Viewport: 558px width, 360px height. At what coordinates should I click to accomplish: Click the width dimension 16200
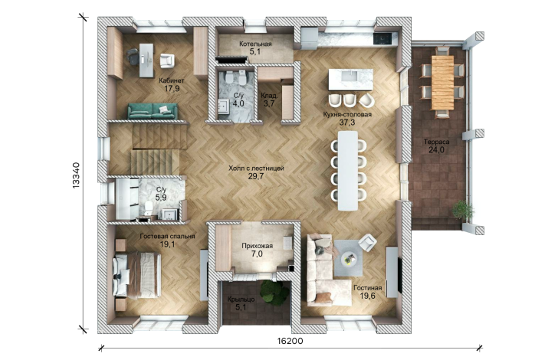tap(290, 341)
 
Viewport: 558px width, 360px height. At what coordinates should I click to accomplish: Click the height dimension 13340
tap(76, 175)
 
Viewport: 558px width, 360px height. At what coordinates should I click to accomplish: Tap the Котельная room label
tap(255, 44)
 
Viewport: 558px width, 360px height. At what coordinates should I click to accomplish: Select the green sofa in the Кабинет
tap(153, 111)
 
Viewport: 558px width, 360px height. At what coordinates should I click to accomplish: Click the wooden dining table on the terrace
tap(443, 83)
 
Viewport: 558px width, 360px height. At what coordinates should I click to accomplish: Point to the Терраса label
tap(436, 142)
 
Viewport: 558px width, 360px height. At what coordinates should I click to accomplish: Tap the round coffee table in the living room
tap(349, 259)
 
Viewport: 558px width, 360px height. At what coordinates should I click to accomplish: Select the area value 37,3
tap(347, 123)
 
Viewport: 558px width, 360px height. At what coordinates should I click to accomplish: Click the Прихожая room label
tap(257, 246)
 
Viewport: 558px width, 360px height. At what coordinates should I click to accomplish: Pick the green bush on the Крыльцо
tap(274, 291)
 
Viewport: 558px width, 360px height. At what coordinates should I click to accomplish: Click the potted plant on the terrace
tap(463, 209)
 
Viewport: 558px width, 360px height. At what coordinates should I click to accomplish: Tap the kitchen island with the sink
tap(350, 80)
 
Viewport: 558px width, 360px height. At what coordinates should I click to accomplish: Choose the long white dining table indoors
tap(348, 171)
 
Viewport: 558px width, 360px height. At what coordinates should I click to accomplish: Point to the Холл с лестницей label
tap(256, 169)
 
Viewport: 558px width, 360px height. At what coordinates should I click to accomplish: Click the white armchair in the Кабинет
tap(167, 60)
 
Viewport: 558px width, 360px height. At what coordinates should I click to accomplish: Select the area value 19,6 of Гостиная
tap(367, 296)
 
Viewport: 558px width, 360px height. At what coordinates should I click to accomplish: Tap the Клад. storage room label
tap(269, 96)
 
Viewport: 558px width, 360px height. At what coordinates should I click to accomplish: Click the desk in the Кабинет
tap(146, 60)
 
